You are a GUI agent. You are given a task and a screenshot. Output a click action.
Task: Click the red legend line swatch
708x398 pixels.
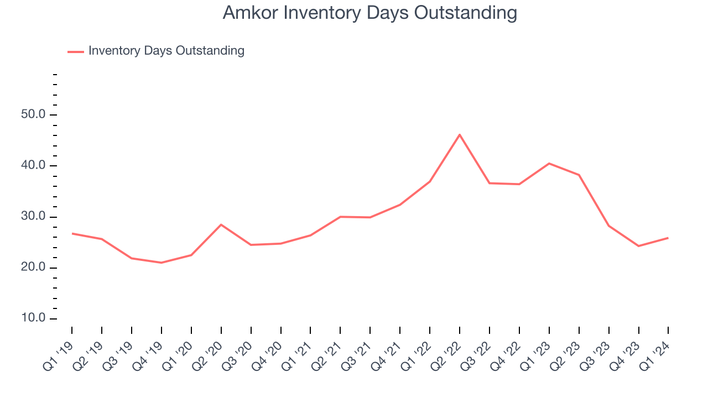(75, 51)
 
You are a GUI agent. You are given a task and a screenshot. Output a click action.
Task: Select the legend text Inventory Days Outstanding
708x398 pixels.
(166, 51)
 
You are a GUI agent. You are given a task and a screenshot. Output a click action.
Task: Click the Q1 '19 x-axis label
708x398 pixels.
(58, 352)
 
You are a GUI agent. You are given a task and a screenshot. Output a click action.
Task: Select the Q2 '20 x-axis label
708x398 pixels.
(207, 352)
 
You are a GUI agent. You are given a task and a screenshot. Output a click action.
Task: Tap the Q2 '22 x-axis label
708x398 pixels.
(446, 352)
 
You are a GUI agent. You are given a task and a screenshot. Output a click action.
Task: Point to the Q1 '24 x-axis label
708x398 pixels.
(654, 352)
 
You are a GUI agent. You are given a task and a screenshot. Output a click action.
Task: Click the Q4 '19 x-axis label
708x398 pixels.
(148, 352)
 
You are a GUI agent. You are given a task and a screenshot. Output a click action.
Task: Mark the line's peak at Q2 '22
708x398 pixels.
(460, 134)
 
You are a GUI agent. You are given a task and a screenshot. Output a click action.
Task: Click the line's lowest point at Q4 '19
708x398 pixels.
(162, 263)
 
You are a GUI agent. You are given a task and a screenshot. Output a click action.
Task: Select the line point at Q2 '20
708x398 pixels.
(221, 224)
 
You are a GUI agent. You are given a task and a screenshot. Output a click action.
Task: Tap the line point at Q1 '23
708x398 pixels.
(549, 163)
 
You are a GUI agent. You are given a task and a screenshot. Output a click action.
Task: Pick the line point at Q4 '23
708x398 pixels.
(639, 246)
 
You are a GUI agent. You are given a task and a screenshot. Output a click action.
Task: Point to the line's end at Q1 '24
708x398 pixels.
(668, 238)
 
